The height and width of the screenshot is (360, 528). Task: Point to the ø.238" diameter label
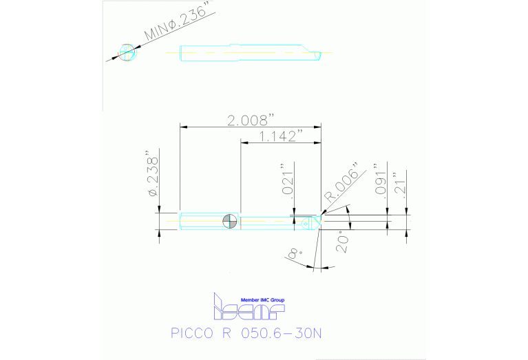[152, 176]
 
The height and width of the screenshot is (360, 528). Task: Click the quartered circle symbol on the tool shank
[230, 222]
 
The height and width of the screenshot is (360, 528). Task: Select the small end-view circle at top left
[127, 52]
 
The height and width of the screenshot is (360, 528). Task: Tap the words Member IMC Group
[262, 300]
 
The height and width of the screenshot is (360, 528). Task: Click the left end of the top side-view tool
[181, 53]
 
